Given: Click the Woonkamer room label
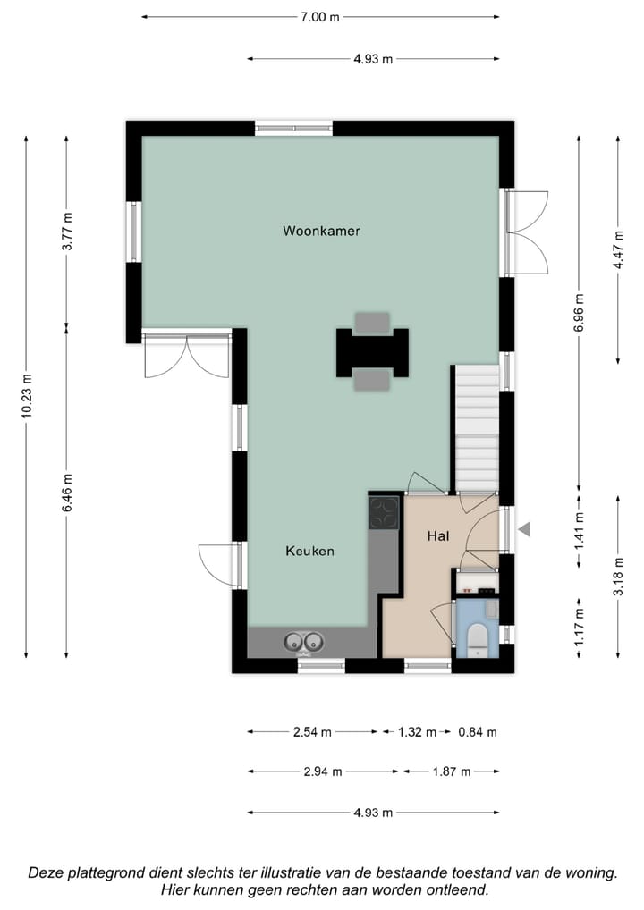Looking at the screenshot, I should pos(321,231).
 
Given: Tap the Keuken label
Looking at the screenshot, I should pos(309,551).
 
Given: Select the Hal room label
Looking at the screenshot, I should pos(437,535).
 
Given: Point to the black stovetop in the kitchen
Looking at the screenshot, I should pos(384,512).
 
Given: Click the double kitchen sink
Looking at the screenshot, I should pos(303,642).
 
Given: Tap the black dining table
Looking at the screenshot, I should pos(372,352).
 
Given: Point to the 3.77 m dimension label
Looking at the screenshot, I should pos(67,230).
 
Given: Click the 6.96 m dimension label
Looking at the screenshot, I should pos(579,313).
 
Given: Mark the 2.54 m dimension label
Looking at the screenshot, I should pos(312,732).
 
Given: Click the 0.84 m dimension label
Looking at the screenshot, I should pos(477,732).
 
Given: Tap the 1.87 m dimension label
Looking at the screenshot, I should pos(452,771).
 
